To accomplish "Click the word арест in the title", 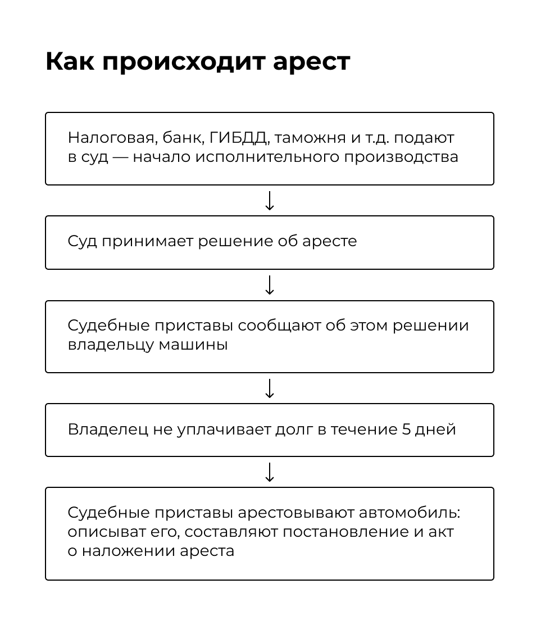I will [x=312, y=62].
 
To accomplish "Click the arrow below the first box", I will [x=270, y=201].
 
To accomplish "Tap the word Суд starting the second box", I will [x=82, y=242].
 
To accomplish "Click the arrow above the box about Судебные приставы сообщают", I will [x=270, y=285].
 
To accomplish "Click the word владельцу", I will [x=110, y=345].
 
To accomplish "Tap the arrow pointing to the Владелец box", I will [x=270, y=388].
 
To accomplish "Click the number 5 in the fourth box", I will [x=407, y=429].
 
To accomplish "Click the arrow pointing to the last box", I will [x=270, y=473].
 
